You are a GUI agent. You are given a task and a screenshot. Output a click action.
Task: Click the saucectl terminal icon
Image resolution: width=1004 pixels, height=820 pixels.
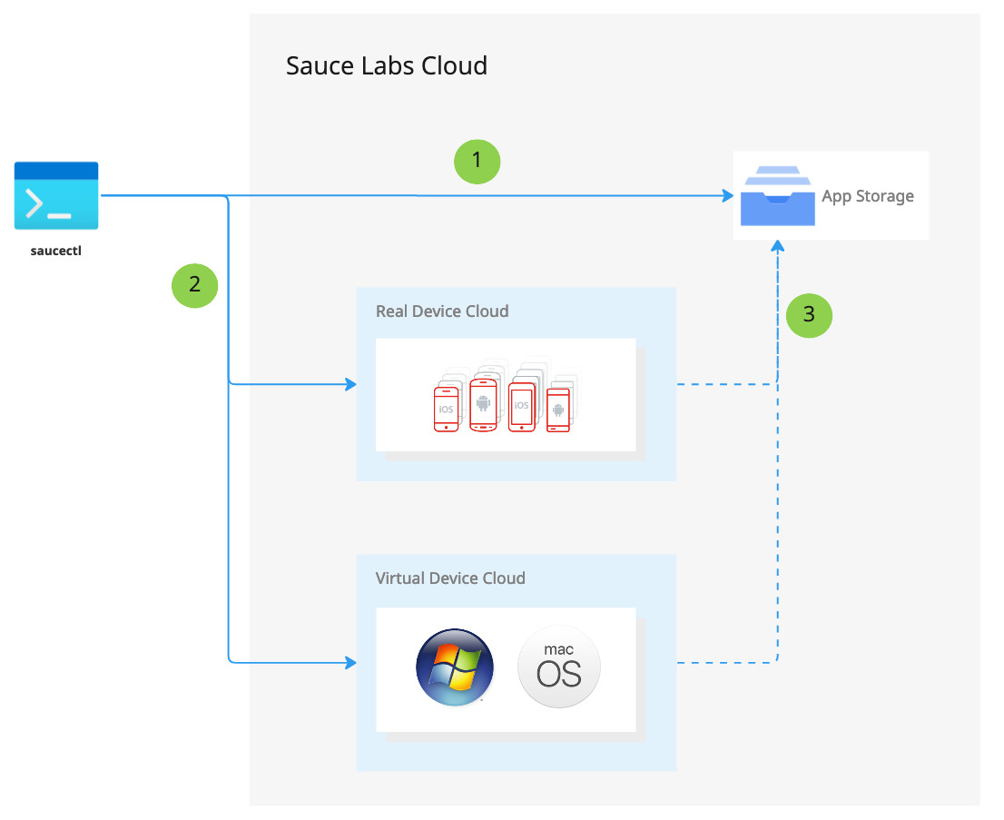click(x=56, y=195)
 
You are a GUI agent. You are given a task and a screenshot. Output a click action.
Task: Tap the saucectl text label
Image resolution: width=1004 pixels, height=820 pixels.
click(x=56, y=251)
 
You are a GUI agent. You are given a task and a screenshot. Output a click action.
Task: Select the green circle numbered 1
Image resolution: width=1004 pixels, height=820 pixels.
click(x=477, y=161)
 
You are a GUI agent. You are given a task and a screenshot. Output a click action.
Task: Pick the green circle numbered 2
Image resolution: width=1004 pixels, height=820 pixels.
click(x=195, y=283)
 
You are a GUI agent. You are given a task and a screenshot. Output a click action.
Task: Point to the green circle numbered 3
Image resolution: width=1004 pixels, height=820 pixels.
click(x=809, y=315)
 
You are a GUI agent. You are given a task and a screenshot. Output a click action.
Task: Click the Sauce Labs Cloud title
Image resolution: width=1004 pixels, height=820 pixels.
click(x=387, y=66)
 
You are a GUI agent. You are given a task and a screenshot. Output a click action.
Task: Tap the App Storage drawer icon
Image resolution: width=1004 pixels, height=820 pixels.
click(x=778, y=195)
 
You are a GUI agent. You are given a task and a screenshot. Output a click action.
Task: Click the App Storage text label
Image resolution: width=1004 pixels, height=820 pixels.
click(x=868, y=196)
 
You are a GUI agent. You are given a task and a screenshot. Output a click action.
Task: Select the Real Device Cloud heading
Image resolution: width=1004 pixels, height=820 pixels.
click(x=442, y=311)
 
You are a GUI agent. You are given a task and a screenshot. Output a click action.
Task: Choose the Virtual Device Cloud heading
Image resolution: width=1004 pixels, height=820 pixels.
click(x=450, y=578)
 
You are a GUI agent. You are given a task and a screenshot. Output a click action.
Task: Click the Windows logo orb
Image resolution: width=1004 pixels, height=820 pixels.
click(x=455, y=667)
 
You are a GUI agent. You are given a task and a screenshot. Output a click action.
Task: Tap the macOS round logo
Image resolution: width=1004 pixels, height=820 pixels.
click(x=559, y=667)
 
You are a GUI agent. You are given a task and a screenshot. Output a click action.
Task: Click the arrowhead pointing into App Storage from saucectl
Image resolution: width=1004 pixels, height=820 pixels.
click(x=727, y=196)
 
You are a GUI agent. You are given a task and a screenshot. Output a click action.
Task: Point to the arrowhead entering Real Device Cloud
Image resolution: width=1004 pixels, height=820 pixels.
click(x=350, y=385)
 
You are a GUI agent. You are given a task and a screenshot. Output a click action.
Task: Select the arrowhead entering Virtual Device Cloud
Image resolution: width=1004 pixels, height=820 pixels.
click(x=350, y=663)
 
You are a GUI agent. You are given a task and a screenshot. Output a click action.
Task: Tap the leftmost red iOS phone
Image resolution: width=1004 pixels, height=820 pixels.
click(x=446, y=408)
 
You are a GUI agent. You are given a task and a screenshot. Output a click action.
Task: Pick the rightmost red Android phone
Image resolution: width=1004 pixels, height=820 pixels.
click(x=557, y=410)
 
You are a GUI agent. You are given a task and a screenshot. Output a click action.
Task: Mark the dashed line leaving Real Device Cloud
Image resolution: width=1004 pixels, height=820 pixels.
click(x=726, y=385)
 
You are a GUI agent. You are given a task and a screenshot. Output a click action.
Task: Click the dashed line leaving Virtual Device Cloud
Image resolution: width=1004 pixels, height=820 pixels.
click(x=726, y=663)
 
